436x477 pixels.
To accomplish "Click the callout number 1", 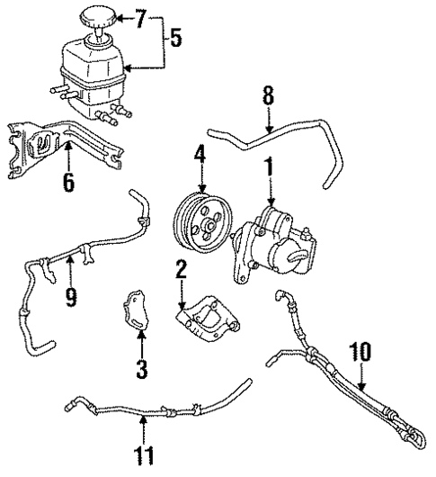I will tap(267, 166).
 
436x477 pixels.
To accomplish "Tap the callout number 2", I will tap(181, 268).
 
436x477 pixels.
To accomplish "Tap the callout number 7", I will tap(138, 16).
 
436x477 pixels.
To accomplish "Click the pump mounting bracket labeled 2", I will tap(208, 319).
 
